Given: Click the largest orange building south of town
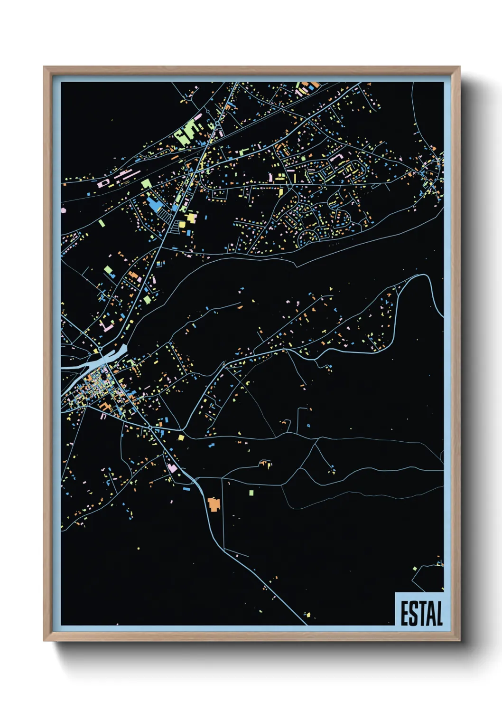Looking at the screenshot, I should [214, 504].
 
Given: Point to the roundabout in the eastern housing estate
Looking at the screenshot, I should [289, 187].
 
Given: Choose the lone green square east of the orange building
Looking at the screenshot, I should [251, 493].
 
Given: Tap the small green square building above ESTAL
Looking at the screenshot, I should [415, 569].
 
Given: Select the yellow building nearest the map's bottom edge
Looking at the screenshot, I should [307, 615].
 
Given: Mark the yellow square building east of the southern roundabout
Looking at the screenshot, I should [181, 437].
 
